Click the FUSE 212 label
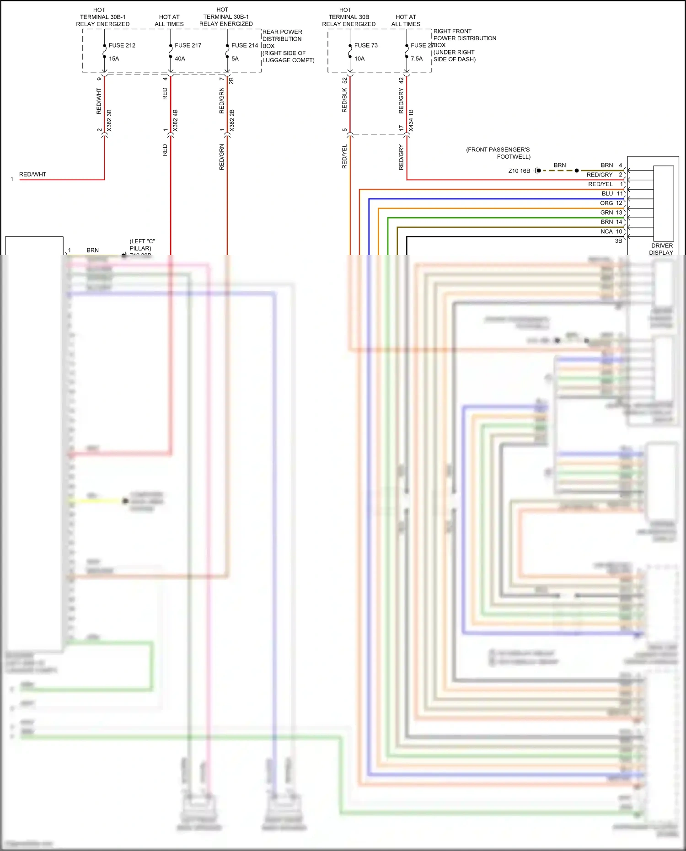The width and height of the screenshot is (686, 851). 122,45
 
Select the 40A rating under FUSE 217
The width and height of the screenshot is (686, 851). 180,59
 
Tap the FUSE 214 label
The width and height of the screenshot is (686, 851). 245,45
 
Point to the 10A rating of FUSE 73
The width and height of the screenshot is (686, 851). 359,59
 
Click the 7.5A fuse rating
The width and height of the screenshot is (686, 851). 417,59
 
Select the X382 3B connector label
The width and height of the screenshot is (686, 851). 109,121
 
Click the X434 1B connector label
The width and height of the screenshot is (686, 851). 411,121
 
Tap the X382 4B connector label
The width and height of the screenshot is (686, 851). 176,121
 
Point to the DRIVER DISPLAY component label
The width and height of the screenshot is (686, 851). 661,249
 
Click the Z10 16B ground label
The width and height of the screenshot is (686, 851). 519,171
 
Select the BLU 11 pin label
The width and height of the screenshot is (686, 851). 612,193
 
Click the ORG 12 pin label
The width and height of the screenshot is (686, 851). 611,203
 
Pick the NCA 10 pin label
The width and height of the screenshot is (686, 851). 611,231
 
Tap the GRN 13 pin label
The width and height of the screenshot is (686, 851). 611,213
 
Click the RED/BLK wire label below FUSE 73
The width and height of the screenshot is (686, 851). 345,101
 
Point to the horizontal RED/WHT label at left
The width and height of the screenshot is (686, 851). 32,174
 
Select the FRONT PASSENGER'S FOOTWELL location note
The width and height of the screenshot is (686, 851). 498,153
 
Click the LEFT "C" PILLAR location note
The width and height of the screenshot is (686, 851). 141,245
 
